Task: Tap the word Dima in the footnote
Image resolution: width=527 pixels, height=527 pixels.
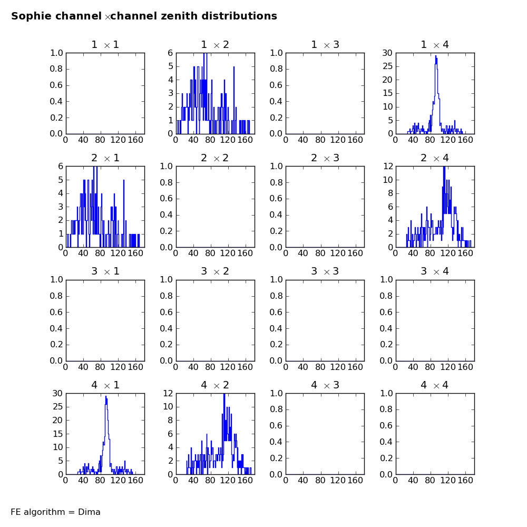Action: pyautogui.click(x=89, y=512)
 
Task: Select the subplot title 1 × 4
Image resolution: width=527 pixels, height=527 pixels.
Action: pyautogui.click(x=435, y=45)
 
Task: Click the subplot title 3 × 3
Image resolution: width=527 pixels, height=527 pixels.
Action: pyautogui.click(x=325, y=271)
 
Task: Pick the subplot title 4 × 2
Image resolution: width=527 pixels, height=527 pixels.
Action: pyautogui.click(x=215, y=385)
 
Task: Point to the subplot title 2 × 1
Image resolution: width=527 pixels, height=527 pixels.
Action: pyautogui.click(x=105, y=158)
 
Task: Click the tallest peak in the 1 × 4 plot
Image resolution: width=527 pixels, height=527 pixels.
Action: pyautogui.click(x=436, y=56)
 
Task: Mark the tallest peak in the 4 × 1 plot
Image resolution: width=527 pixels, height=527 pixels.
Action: pyautogui.click(x=106, y=396)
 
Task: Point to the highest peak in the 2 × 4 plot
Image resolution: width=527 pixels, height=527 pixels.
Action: pyautogui.click(x=444, y=167)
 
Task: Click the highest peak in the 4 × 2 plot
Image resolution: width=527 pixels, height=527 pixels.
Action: pyautogui.click(x=224, y=394)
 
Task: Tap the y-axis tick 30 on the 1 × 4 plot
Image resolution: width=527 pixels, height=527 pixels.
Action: pyautogui.click(x=387, y=53)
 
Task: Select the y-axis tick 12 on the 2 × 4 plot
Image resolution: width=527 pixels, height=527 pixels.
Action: pyautogui.click(x=388, y=166)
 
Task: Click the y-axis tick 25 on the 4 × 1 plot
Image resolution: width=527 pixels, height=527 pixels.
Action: pyautogui.click(x=58, y=407)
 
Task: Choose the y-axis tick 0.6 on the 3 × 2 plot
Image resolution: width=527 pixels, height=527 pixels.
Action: pyautogui.click(x=167, y=312)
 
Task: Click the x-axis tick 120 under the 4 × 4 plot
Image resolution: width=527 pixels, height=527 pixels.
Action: pyautogui.click(x=447, y=480)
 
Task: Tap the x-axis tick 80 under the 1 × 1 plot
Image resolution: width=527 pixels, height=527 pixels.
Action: pyautogui.click(x=100, y=140)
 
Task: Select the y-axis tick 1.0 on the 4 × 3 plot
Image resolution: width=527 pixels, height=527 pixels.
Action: pyautogui.click(x=276, y=393)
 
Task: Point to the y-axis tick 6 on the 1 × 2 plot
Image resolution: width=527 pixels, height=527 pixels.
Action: pyautogui.click(x=170, y=53)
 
